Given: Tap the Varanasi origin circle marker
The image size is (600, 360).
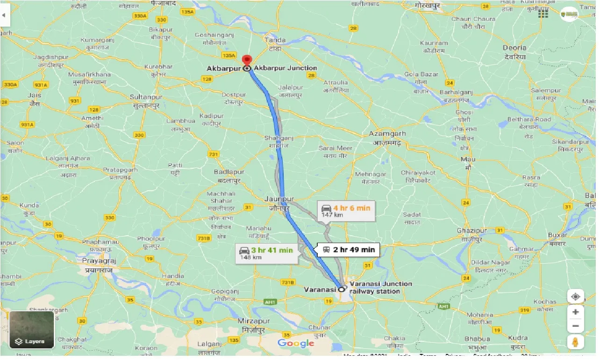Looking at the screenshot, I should click(342, 289).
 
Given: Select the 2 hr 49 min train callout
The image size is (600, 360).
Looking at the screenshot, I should click(349, 250).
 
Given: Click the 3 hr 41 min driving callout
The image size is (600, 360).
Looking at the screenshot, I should click(266, 253).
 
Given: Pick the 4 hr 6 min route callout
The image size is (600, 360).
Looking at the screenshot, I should click(345, 211).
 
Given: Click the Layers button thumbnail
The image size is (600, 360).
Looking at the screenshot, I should click(32, 330).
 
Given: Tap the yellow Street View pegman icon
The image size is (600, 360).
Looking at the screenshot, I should click(575, 342).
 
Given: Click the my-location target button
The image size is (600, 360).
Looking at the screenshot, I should click(575, 297).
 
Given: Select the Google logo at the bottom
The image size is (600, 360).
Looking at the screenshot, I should click(296, 344).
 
